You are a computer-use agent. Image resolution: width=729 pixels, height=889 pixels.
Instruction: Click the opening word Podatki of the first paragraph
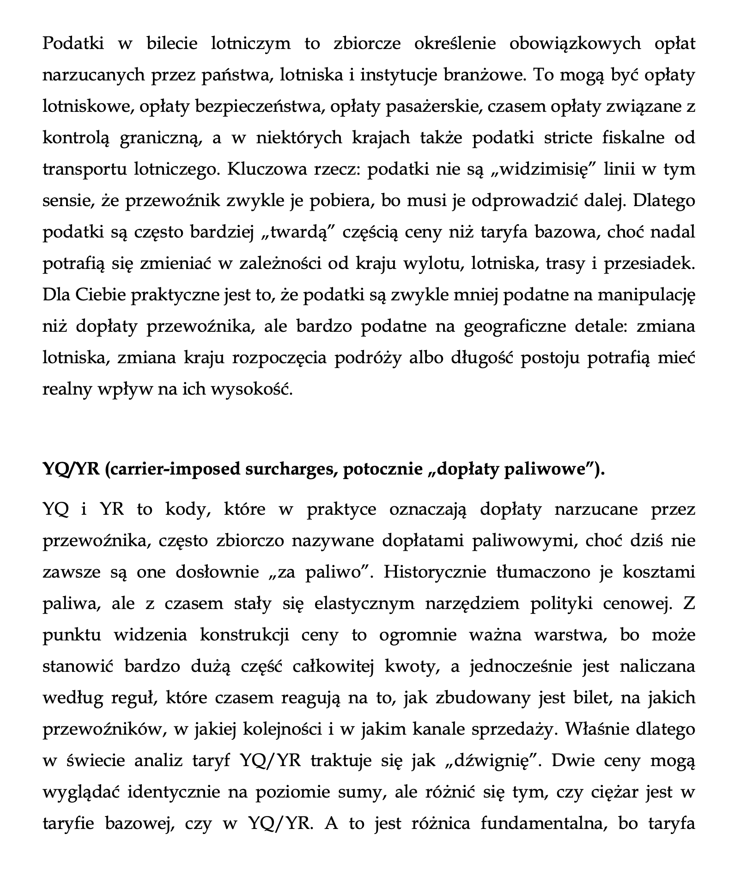(73, 43)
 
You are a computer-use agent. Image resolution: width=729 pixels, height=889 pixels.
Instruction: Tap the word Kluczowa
(267, 169)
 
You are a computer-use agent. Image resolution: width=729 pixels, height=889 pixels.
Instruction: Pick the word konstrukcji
(245, 635)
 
